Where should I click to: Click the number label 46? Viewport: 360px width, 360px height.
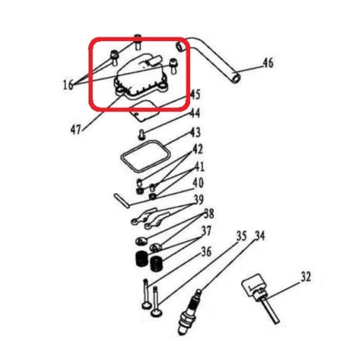click(267, 63)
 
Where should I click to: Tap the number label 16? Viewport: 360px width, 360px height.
click(68, 85)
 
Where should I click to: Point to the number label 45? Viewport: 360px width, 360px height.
click(195, 95)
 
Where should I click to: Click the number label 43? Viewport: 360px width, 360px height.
click(195, 132)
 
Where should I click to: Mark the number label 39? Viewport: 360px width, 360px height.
click(198, 199)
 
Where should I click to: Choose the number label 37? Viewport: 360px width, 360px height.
click(206, 232)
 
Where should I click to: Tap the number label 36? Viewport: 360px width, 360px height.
click(206, 251)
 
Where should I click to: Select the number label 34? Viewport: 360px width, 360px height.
click(260, 235)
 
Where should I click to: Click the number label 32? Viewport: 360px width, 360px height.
click(306, 276)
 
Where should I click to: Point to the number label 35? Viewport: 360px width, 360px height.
click(242, 235)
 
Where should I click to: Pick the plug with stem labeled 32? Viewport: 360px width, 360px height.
click(259, 292)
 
